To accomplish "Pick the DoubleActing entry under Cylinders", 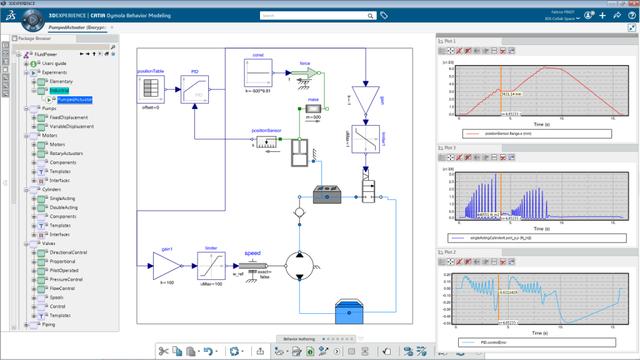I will click(64, 207).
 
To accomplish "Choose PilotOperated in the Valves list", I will click(64, 271).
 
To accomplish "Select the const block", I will click(257, 73).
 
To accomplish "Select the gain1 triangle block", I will click(166, 266).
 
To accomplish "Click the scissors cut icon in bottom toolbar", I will click(163, 351).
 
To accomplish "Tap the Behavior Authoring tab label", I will click(299, 339).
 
